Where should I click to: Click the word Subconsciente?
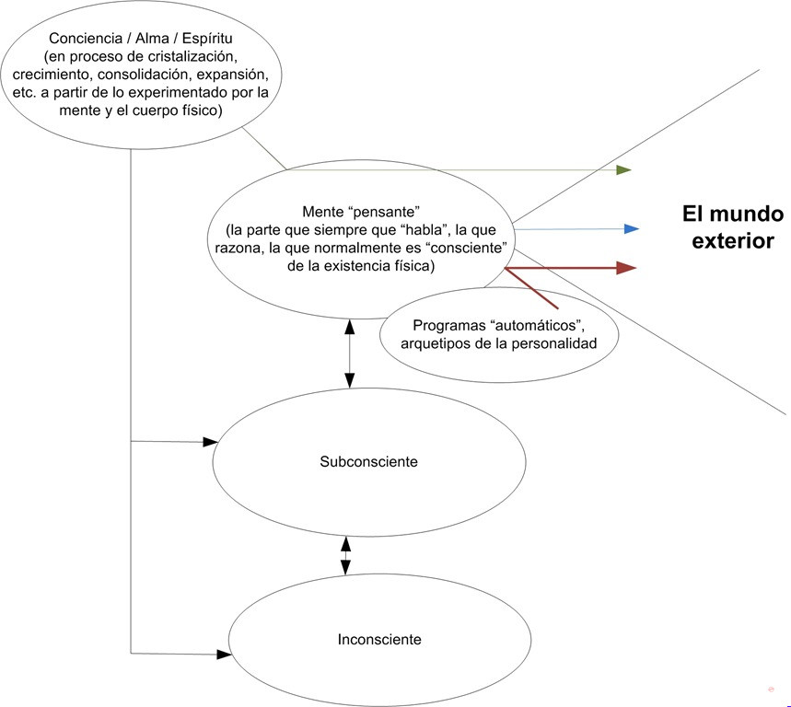368,461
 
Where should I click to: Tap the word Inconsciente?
379,640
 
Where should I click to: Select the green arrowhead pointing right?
624,170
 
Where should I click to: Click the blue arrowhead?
632,229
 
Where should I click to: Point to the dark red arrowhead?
626,268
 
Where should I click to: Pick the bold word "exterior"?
733,240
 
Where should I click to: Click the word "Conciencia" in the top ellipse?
86,39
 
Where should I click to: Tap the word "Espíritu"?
207,39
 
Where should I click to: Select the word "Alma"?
152,39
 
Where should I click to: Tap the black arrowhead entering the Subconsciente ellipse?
210,442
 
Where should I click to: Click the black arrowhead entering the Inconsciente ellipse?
224,655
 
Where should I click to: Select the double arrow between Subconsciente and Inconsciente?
345,555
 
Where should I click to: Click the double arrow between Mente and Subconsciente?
350,353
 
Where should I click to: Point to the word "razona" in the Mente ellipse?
238,249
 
